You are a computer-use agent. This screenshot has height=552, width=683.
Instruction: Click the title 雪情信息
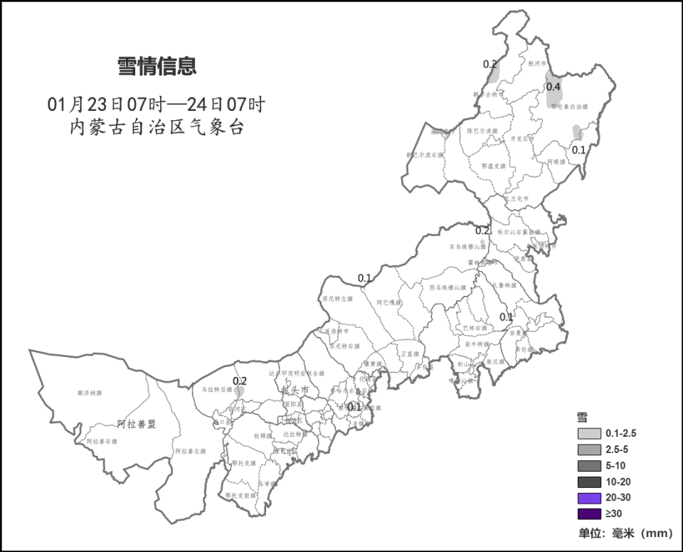click(157, 67)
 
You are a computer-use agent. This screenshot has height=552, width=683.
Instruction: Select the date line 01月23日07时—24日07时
click(157, 105)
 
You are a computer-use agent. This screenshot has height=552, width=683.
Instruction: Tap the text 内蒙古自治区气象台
click(157, 128)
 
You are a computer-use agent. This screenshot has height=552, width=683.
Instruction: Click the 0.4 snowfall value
click(554, 87)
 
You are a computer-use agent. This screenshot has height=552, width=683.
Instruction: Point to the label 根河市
click(536, 63)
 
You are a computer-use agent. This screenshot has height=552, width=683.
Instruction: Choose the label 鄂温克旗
click(493, 166)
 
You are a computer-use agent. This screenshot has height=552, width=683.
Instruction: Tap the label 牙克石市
click(522, 139)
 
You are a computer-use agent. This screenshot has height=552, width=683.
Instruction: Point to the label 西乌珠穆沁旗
click(448, 287)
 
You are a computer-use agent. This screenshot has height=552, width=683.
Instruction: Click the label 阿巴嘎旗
click(389, 302)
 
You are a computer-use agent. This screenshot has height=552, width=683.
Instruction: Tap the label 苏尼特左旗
click(337, 299)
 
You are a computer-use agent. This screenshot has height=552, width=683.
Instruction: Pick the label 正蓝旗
click(410, 354)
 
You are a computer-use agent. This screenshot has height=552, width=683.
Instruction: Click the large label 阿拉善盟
click(137, 424)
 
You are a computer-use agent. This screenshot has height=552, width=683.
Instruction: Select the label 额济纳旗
click(90, 393)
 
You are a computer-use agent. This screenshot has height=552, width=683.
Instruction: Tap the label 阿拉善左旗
click(190, 451)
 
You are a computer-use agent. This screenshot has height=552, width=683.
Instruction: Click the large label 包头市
click(294, 391)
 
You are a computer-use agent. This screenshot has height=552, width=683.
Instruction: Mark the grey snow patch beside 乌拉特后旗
click(240, 391)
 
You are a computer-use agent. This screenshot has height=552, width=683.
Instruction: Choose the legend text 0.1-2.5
click(621, 433)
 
